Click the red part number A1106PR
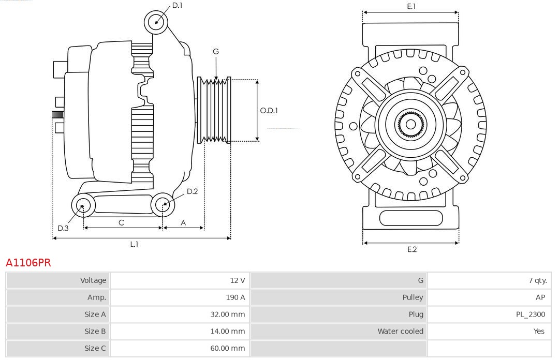tap(28, 263)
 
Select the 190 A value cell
tap(235, 297)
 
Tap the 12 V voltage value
tap(238, 280)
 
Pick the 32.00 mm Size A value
tap(227, 314)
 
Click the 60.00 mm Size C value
tap(227, 349)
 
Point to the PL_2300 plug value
tap(530, 314)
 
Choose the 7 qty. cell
tap(537, 280)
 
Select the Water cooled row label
tap(400, 332)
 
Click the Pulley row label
tap(413, 297)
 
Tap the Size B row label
tap(95, 332)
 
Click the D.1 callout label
tap(177, 5)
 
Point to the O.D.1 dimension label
tap(269, 110)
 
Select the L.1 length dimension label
tap(134, 245)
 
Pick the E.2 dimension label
tap(411, 250)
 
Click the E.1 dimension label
tap(411, 7)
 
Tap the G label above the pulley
tap(216, 51)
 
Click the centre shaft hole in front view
tap(411, 125)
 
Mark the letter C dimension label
tap(121, 223)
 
